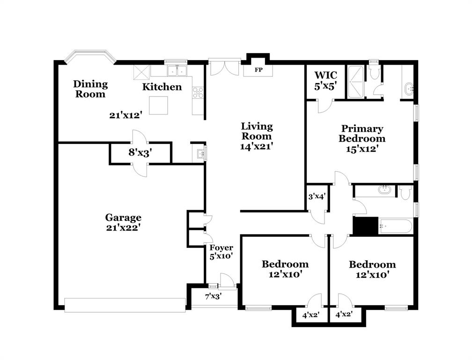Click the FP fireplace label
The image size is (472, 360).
[258, 70]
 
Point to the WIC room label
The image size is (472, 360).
[325, 75]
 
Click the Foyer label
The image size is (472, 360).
[221, 248]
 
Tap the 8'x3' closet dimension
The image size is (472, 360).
[140, 152]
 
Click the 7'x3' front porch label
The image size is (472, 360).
[213, 296]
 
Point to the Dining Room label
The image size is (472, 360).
[90, 89]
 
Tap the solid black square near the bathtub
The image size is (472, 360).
[365, 226]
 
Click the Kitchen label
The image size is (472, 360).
[162, 87]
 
